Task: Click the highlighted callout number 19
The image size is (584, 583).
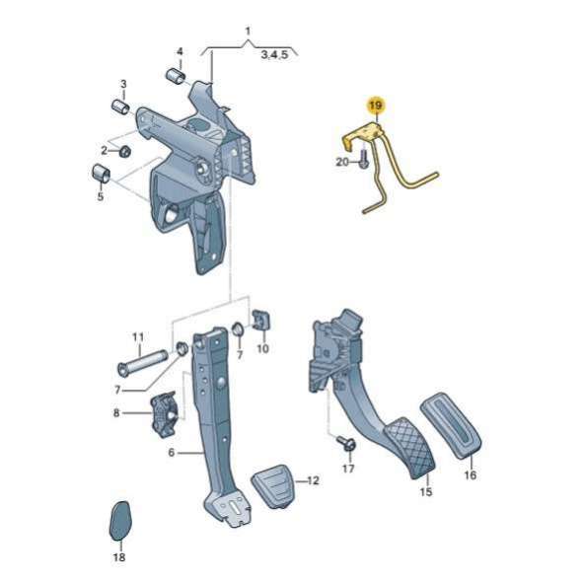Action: (x=376, y=106)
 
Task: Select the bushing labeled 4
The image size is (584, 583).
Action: (x=176, y=76)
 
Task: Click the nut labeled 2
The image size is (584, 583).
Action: (x=124, y=151)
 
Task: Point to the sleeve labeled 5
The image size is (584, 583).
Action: (x=101, y=174)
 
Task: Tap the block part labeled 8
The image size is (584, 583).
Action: (x=164, y=413)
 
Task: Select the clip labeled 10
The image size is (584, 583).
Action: (x=261, y=320)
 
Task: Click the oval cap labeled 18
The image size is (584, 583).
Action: (x=120, y=521)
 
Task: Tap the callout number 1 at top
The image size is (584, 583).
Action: (x=248, y=31)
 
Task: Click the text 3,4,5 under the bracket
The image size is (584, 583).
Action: (x=274, y=55)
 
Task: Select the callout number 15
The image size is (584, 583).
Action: (x=426, y=491)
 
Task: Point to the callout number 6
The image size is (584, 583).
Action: (x=171, y=452)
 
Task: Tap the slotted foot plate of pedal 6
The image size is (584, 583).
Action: (x=228, y=507)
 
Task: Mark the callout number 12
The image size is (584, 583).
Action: (x=314, y=480)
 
